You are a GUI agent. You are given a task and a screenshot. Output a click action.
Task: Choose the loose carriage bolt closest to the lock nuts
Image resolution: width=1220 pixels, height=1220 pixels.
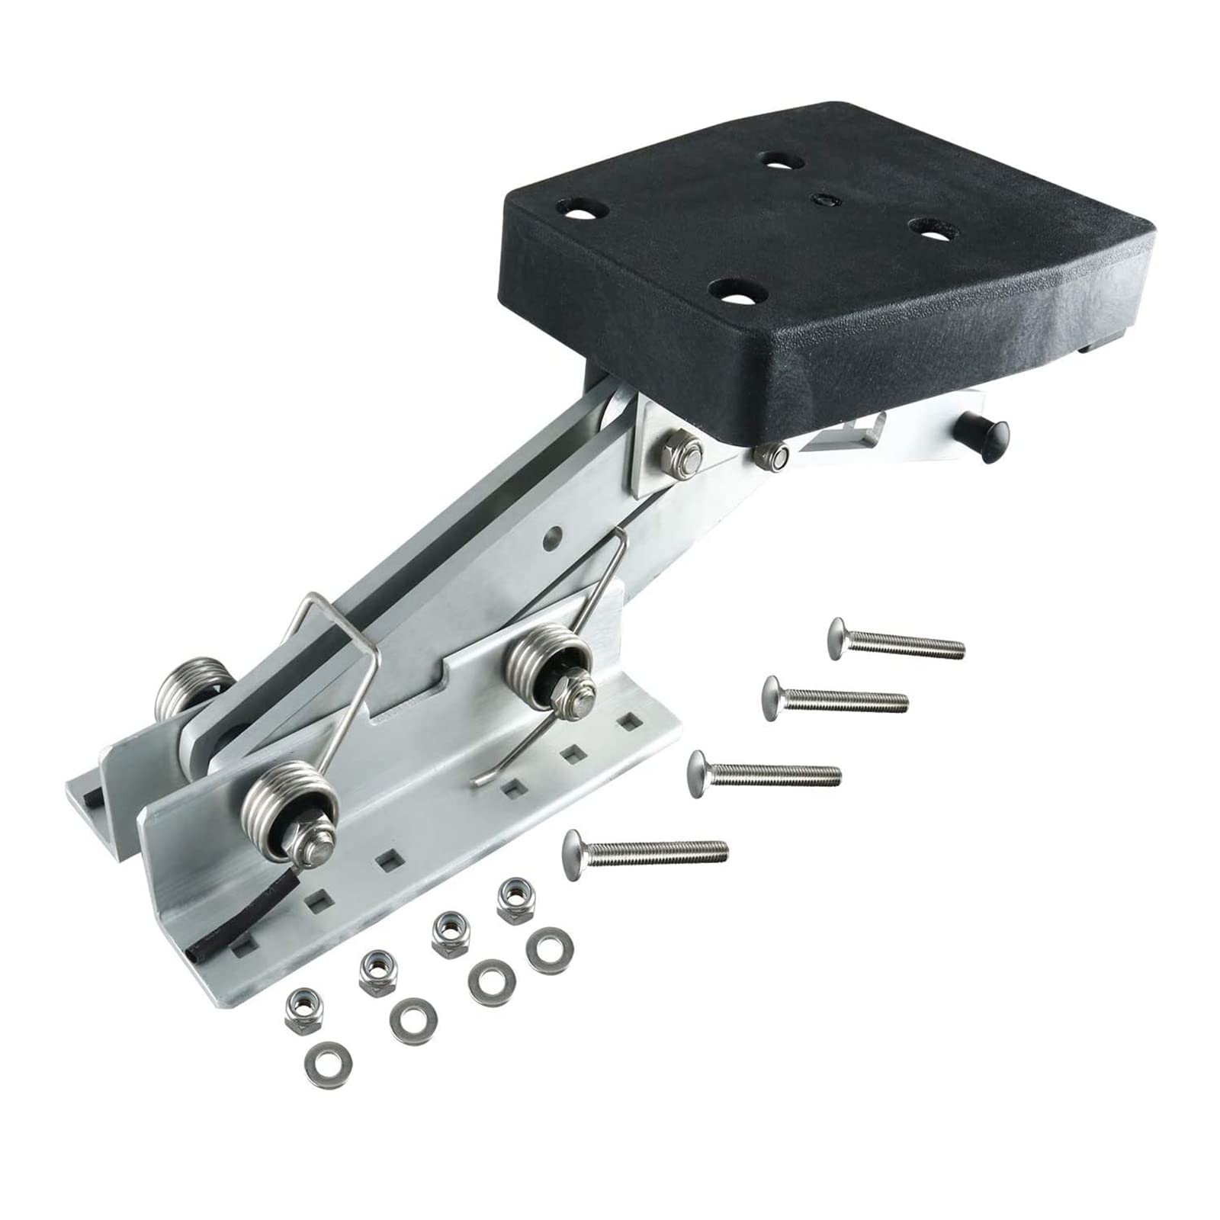644,849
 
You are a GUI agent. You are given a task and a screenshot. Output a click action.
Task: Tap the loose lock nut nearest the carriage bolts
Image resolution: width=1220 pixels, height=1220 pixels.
514,899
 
